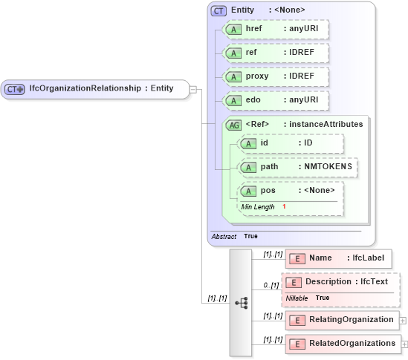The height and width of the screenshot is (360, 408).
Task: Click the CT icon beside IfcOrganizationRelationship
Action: pyautogui.click(x=15, y=89)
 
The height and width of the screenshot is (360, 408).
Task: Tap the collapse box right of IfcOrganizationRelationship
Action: pyautogui.click(x=193, y=89)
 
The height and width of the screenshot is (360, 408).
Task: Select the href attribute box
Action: pyautogui.click(x=276, y=30)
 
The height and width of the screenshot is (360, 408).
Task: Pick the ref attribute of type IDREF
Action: pyautogui.click(x=276, y=53)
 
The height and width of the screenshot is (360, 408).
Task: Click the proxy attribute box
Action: pyautogui.click(x=276, y=76)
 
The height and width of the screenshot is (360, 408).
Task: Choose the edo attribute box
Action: pyautogui.click(x=276, y=100)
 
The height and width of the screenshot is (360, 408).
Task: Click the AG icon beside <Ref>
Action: pyautogui.click(x=234, y=125)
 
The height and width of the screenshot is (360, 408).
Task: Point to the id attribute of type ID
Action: pyautogui.click(x=290, y=143)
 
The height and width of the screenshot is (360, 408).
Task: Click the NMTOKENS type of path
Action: pyautogui.click(x=327, y=167)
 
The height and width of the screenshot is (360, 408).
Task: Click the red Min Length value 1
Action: pyautogui.click(x=284, y=206)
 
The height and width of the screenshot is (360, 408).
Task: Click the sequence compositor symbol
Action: pyautogui.click(x=241, y=303)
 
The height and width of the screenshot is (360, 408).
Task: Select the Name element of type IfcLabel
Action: pyautogui.click(x=338, y=258)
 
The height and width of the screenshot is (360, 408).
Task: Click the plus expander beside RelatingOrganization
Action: pyautogui.click(x=403, y=321)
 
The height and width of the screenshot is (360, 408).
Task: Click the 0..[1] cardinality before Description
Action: pyautogui.click(x=271, y=286)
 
